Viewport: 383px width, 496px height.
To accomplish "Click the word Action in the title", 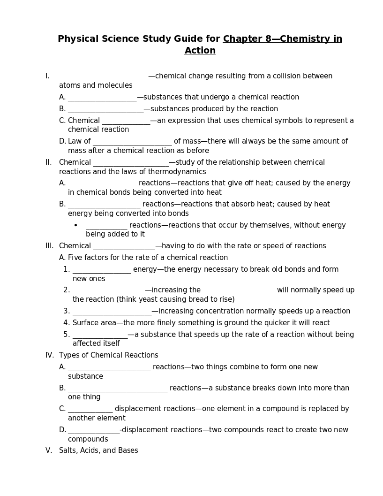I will click(x=200, y=51).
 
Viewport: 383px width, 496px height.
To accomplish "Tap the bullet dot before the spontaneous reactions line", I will click(x=76, y=226).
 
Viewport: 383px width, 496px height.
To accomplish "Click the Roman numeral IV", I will click(x=49, y=355).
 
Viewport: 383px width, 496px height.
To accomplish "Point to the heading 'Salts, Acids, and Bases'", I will click(x=98, y=450).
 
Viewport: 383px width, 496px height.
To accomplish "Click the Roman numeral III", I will click(x=49, y=246).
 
